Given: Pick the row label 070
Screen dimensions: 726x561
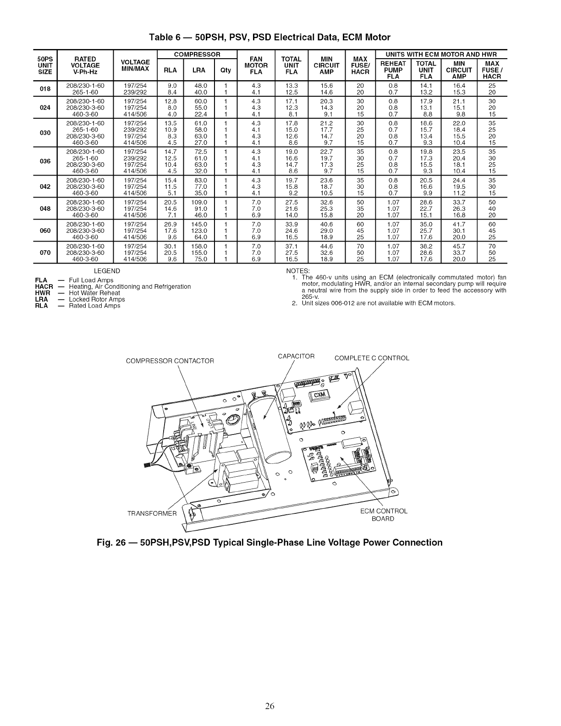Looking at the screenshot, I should [x=45, y=253].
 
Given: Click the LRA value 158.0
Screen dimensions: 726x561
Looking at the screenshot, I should [x=200, y=246].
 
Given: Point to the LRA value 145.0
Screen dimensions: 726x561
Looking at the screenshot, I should [x=200, y=224].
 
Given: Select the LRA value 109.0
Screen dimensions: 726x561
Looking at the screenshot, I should [x=200, y=202].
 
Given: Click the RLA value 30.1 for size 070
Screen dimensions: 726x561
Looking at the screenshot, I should [x=170, y=246].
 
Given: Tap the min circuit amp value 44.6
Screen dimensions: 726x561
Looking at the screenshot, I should [x=326, y=246].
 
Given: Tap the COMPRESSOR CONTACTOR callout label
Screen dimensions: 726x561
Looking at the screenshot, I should [x=170, y=361].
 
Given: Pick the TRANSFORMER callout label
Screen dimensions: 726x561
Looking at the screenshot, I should [x=152, y=513].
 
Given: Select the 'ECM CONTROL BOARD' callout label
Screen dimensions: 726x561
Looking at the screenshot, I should [x=384, y=515].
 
